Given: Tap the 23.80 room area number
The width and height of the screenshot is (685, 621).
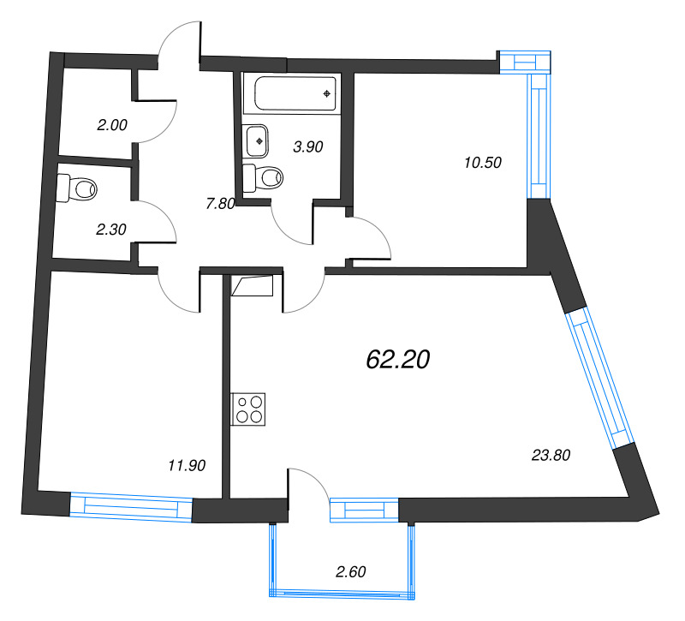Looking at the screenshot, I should pyautogui.click(x=551, y=456).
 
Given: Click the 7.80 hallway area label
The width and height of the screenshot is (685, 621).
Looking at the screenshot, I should pyautogui.click(x=220, y=203).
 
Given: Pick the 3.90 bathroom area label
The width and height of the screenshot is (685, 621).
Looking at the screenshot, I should pyautogui.click(x=307, y=146).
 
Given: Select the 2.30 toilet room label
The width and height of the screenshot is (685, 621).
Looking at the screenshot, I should pyautogui.click(x=111, y=229).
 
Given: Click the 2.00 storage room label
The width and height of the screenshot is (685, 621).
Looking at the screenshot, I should pyautogui.click(x=111, y=124).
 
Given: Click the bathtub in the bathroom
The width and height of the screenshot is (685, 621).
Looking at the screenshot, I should pyautogui.click(x=292, y=93).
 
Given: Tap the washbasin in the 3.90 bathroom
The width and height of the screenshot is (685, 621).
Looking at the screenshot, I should pyautogui.click(x=257, y=139).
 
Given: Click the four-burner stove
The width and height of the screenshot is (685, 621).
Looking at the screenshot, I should pyautogui.click(x=249, y=409).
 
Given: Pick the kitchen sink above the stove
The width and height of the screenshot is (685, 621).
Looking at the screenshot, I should pyautogui.click(x=255, y=286).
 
